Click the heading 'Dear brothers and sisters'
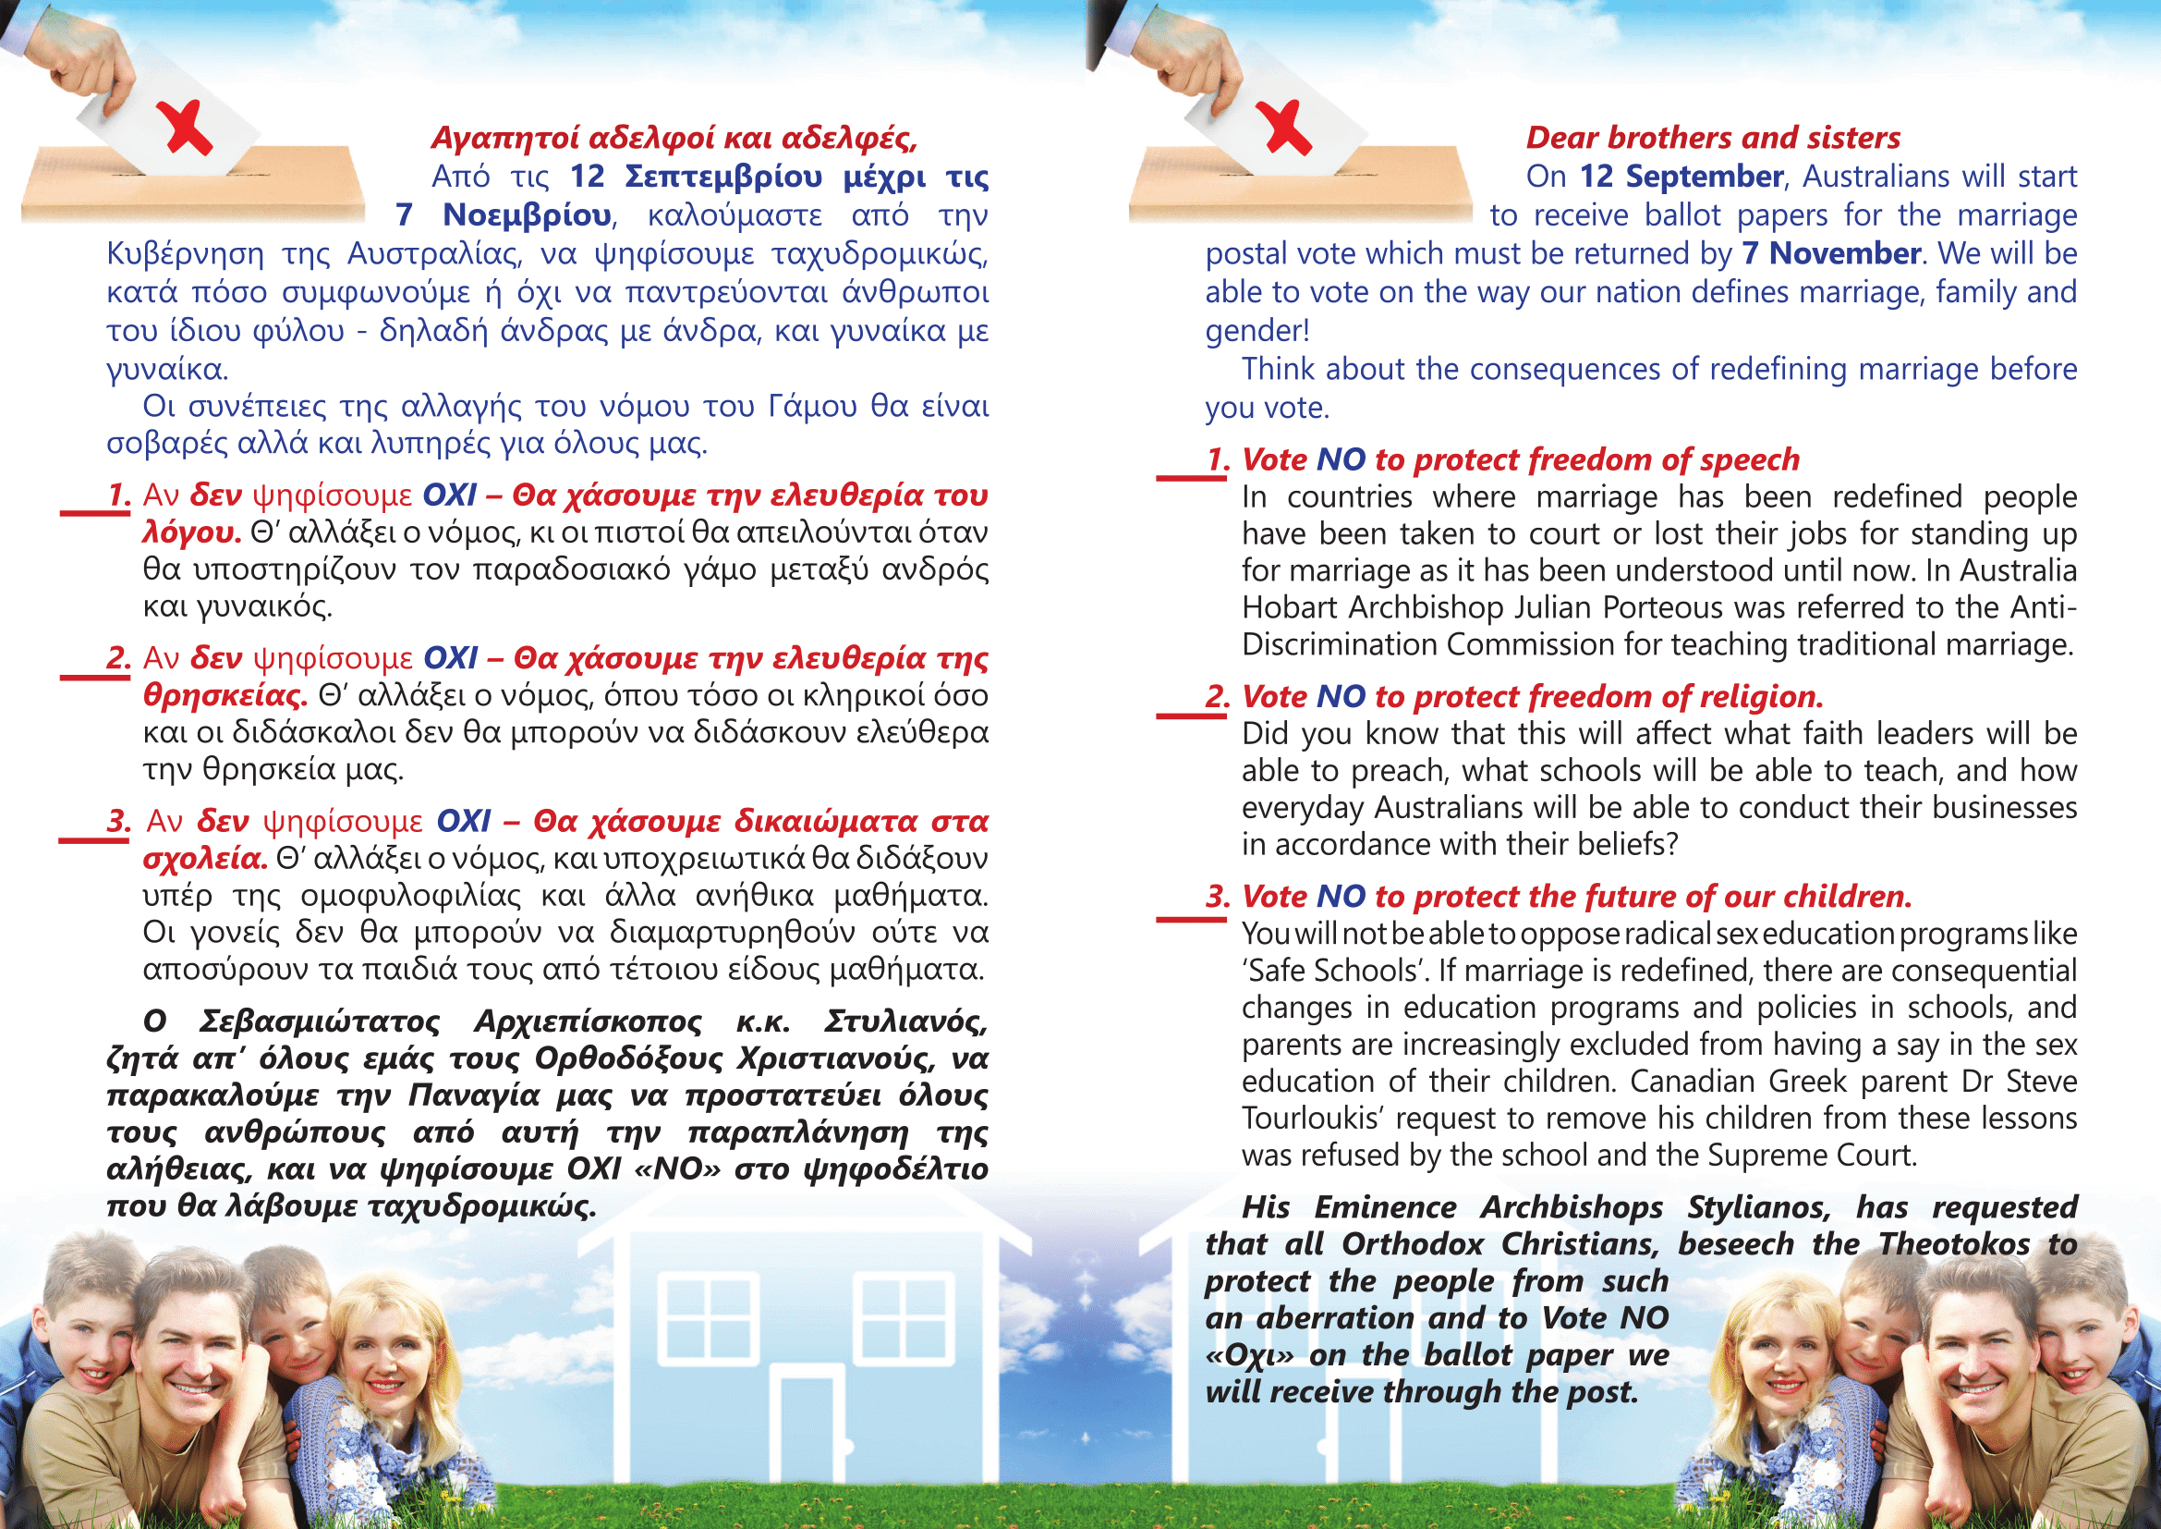click(x=1712, y=138)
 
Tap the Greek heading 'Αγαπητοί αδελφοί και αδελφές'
click(x=673, y=138)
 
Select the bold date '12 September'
click(x=1681, y=176)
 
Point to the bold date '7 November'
click(x=1830, y=253)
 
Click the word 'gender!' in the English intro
click(x=1257, y=330)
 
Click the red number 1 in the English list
click(x=1218, y=459)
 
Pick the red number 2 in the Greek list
click(x=117, y=657)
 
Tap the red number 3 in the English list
click(x=1218, y=896)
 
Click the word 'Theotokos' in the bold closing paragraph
click(x=1954, y=1243)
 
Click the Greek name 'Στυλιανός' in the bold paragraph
click(x=904, y=1021)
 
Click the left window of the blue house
click(x=708, y=1318)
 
